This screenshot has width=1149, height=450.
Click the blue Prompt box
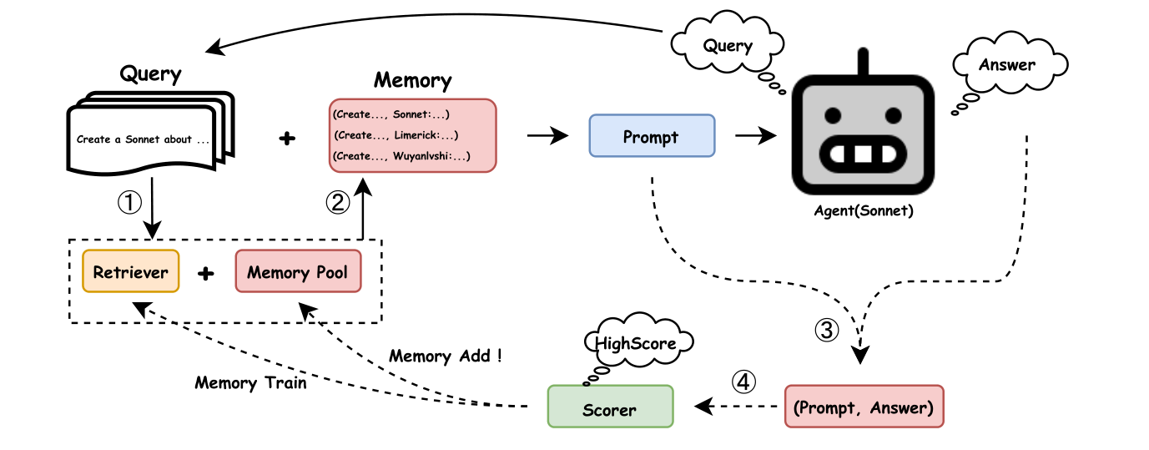(652, 135)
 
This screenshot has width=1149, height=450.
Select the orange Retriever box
(130, 271)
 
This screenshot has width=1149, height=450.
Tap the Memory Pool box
(298, 271)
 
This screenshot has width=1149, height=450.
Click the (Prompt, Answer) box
(864, 407)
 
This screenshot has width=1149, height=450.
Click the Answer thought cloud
(1007, 64)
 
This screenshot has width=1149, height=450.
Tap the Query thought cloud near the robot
(728, 46)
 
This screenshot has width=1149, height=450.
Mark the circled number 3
(826, 331)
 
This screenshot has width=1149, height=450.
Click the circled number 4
(743, 382)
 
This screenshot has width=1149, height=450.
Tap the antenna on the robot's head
(863, 61)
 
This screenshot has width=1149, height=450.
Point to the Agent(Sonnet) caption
(864, 211)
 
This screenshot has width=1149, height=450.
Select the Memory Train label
(250, 382)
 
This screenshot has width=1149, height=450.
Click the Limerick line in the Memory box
(396, 134)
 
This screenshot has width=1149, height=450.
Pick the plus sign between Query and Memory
(286, 139)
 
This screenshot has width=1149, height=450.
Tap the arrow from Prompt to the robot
(754, 135)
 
